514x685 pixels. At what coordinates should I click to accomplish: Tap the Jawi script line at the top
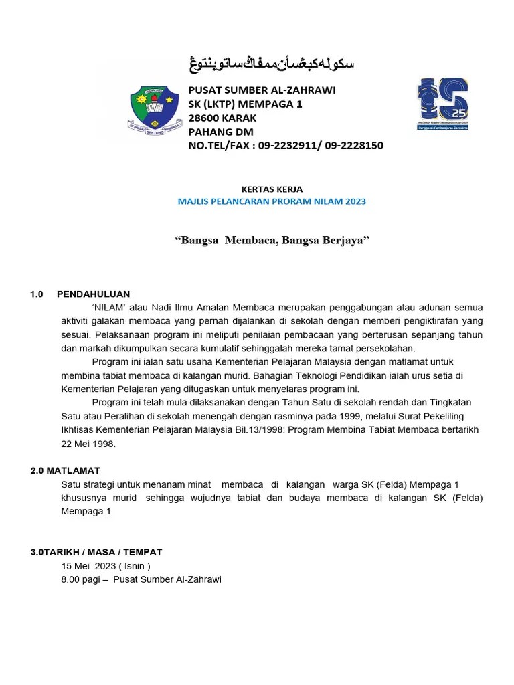[x=270, y=64]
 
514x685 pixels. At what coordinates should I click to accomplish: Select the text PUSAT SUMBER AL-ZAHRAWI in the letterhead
[x=262, y=90]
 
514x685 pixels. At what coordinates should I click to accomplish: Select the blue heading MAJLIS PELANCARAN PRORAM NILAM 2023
[x=272, y=201]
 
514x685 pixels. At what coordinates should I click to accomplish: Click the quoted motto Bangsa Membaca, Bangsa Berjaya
[x=272, y=239]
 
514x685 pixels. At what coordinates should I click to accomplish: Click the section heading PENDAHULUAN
[x=94, y=294]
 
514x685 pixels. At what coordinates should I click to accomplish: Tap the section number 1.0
[x=37, y=294]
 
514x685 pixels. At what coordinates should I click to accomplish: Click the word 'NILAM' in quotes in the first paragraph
[x=109, y=307]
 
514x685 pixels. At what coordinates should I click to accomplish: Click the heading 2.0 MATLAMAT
[x=65, y=470]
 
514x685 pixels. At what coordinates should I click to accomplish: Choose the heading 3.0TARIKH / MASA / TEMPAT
[x=96, y=552]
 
